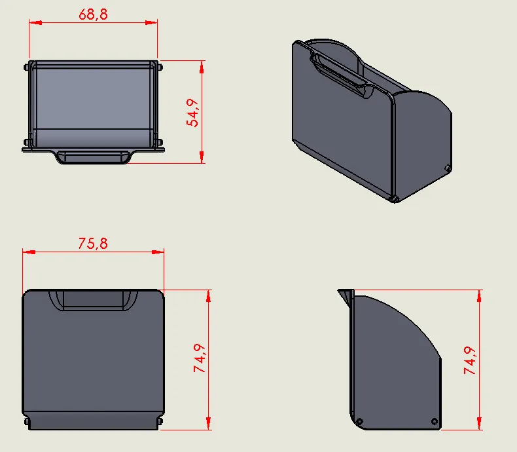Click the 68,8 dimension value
[94, 14]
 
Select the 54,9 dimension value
[193, 113]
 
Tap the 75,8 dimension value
[93, 244]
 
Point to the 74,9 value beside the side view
[471, 359]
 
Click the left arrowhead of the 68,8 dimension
[34, 22]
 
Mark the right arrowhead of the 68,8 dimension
[152, 22]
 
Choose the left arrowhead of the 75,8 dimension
[27, 251]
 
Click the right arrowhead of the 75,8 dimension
[158, 251]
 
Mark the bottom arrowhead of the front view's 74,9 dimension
[209, 424]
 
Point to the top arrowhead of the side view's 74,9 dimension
[480, 294]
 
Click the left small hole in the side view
[359, 421]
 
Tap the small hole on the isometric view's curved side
[447, 168]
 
